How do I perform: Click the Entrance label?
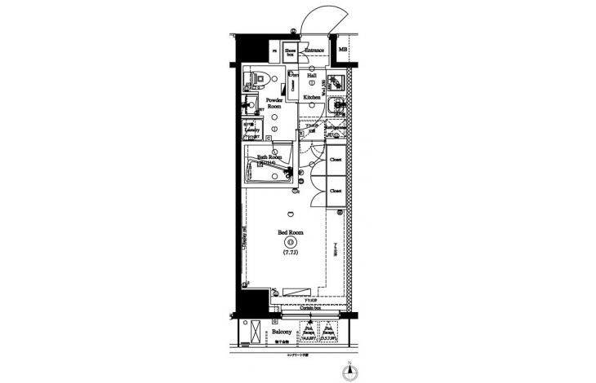coord(315,51)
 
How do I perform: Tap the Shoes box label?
coord(290,52)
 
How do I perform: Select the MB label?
coord(343,51)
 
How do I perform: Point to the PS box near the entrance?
coord(274,51)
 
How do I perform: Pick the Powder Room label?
coord(275,103)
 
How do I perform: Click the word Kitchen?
coord(312,98)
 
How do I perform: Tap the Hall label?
coord(312,75)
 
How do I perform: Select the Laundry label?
coord(251,128)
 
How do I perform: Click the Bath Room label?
coord(269,156)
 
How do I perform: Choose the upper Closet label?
coord(336,160)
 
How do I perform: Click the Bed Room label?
coord(290,233)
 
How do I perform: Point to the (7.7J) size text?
coord(291,253)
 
